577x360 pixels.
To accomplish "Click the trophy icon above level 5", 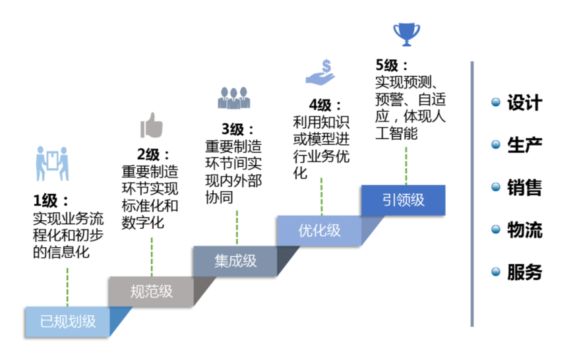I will click(406, 33).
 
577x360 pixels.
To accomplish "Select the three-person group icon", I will click(235, 98).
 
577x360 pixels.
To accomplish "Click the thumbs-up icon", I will click(152, 125).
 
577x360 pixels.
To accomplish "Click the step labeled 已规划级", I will click(67, 322).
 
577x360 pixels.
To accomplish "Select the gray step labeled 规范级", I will click(151, 291).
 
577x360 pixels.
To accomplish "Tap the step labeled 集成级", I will click(235, 261).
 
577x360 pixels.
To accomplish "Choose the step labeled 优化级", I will click(319, 231).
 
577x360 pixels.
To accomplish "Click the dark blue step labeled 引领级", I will click(403, 200).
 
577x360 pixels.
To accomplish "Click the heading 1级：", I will click(51, 200).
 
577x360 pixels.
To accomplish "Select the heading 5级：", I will click(392, 66).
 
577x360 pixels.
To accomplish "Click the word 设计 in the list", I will click(524, 103).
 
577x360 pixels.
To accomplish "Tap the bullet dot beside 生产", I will click(496, 145).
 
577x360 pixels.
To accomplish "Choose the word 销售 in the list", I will click(524, 188).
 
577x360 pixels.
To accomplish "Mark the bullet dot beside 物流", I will click(496, 230).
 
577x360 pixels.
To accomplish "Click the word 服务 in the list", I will click(524, 272).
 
